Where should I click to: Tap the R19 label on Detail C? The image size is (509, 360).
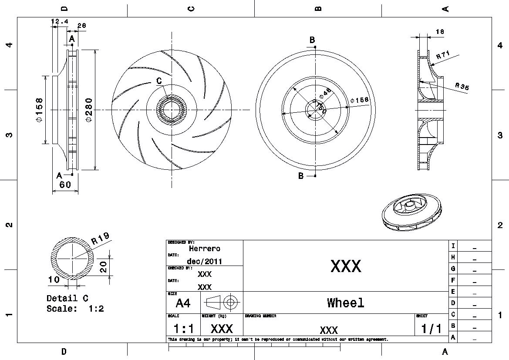coord(100,239)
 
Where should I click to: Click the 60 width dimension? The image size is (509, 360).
coord(65,185)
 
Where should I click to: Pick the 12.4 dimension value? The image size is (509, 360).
coord(60,21)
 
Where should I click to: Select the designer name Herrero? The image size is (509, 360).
coord(205,249)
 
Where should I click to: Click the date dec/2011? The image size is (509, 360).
coord(205,261)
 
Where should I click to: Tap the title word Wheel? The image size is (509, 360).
coord(345,303)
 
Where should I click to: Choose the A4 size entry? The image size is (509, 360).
coord(183,303)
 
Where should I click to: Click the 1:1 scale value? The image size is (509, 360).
coord(184,328)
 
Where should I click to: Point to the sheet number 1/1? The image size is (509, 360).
coord(431,328)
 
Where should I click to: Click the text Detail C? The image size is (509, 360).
coord(67,299)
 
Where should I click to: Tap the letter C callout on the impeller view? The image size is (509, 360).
coord(159,81)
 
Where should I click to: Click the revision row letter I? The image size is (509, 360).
coord(453,246)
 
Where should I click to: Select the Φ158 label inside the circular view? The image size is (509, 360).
coord(359,100)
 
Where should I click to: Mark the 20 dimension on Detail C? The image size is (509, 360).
coord(103,266)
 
